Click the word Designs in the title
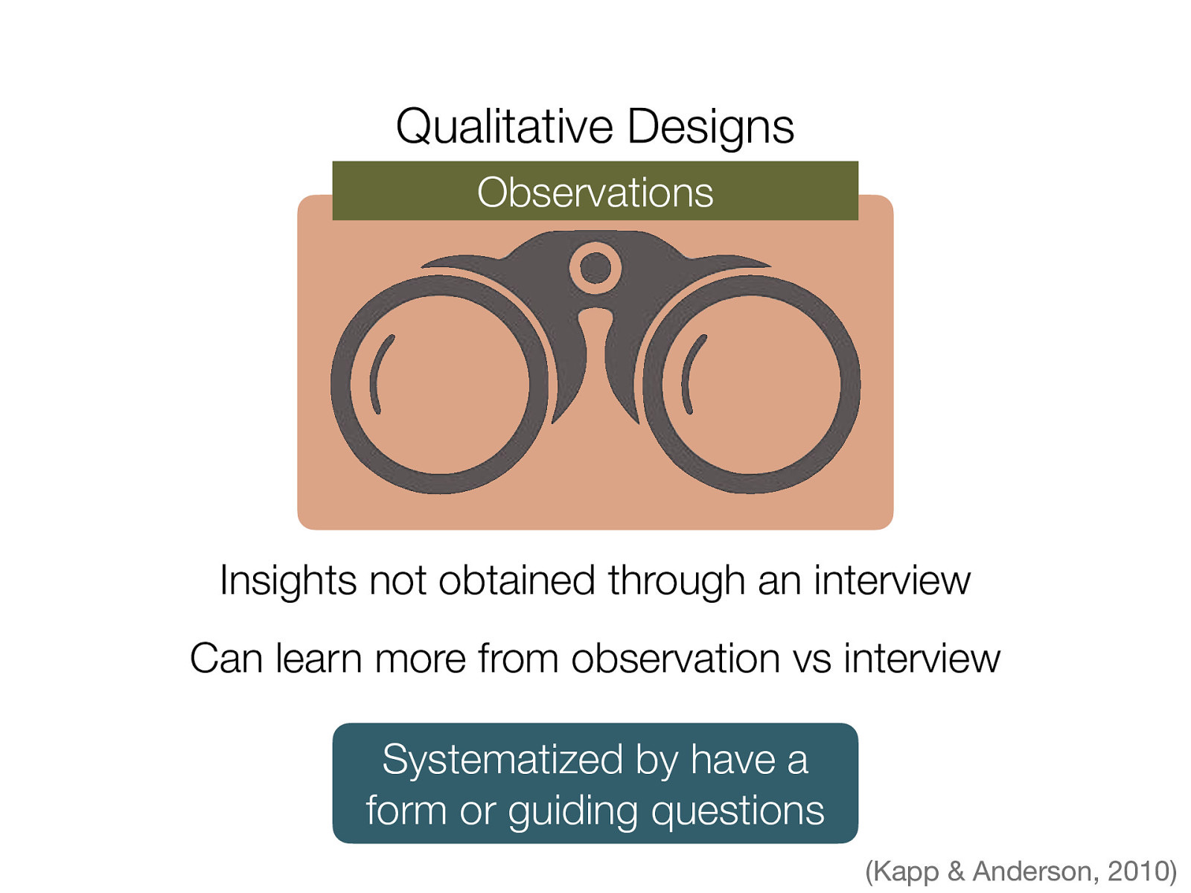710,127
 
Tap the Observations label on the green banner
595,192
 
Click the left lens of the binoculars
439,385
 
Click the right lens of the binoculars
752,385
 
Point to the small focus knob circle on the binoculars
595,267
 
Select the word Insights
288,580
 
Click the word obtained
517,580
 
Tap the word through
677,580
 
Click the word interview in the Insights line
893,580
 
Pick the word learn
319,659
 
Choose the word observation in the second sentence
675,659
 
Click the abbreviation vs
811,659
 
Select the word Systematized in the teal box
502,760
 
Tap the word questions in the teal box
738,810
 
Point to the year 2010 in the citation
1138,871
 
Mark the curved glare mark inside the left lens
379,374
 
